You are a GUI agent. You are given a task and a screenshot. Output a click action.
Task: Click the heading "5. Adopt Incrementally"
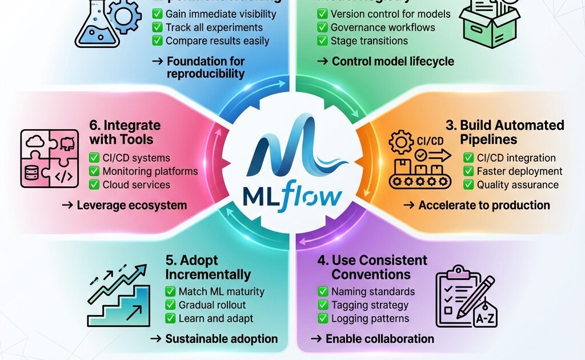click(x=207, y=267)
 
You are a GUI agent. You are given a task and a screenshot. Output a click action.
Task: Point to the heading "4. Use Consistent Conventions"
click(x=372, y=267)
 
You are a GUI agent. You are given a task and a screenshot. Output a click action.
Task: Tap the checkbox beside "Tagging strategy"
click(x=323, y=305)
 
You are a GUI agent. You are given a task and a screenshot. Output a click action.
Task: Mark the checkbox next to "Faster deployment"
click(x=468, y=171)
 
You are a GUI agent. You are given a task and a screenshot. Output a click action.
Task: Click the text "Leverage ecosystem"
click(x=132, y=205)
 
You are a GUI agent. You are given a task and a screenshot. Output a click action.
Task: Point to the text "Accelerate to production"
click(x=484, y=205)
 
